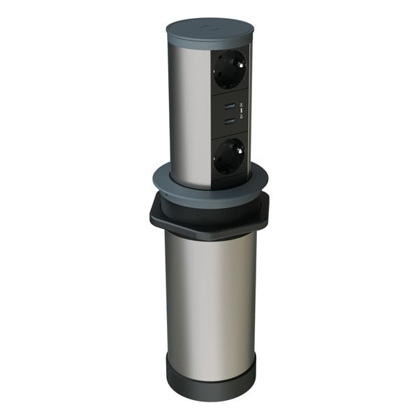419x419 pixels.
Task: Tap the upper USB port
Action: pos(228,106)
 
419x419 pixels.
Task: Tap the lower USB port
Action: pos(228,122)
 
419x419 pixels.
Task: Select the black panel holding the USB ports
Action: pos(229,112)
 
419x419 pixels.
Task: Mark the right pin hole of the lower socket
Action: pos(236,152)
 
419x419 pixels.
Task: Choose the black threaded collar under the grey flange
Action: pos(209,207)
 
